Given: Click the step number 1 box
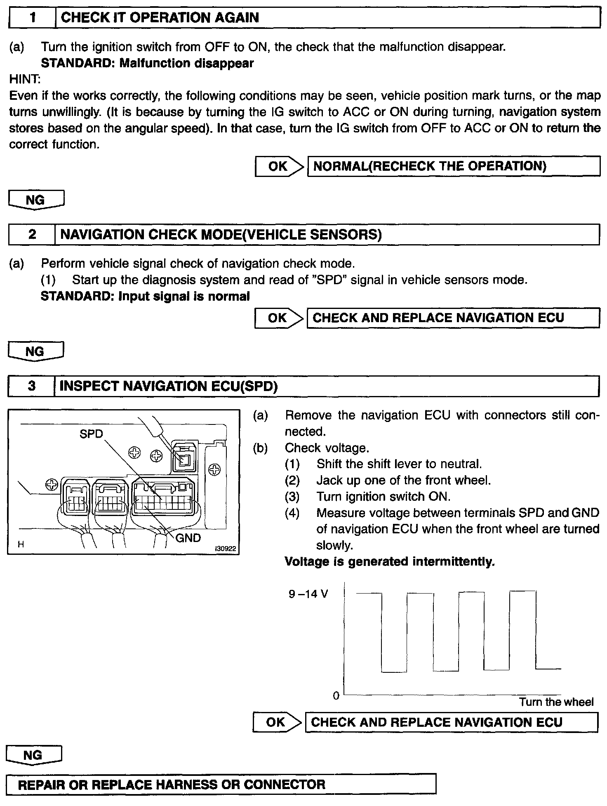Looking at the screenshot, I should tap(32, 18).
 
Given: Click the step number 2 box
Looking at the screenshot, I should tap(32, 235).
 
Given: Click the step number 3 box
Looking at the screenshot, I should tap(32, 387).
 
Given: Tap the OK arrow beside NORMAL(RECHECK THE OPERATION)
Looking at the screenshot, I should tap(279, 166).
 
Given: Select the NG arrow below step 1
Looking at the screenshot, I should tap(36, 200).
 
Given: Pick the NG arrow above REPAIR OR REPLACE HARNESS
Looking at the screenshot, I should tap(34, 755).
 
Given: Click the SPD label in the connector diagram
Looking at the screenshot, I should tap(91, 434).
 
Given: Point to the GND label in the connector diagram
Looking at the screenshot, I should tap(188, 538).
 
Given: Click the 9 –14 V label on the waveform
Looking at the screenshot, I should tap(308, 594).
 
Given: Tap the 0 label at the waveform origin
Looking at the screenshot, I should tap(336, 696).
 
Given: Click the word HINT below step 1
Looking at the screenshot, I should tap(25, 79).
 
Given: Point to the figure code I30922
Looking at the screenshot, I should tap(225, 549).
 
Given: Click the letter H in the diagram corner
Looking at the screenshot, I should tap(21, 544).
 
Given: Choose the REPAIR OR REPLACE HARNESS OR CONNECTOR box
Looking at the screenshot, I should tap(221, 784).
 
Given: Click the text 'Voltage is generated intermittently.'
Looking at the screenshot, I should tap(389, 562).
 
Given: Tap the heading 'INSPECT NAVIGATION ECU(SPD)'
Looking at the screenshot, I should tap(169, 387).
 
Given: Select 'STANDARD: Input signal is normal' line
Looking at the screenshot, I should tap(145, 297).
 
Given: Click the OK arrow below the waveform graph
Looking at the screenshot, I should tap(278, 722).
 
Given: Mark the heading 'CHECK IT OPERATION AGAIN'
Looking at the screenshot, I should tap(160, 18).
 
